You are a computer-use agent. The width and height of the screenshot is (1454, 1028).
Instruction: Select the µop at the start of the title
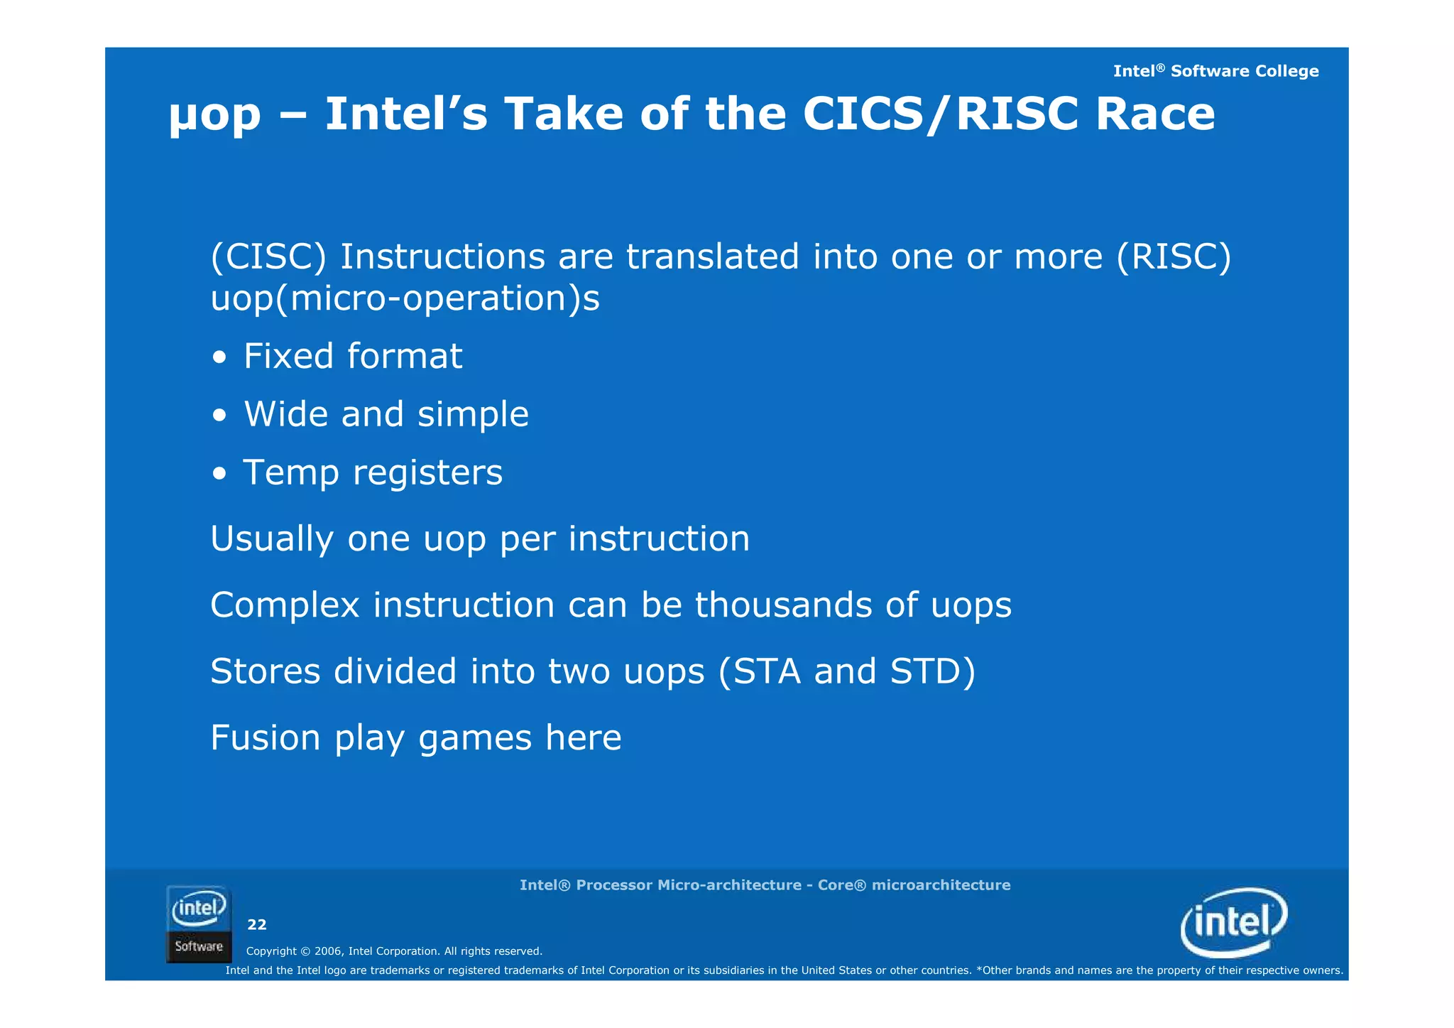click(x=215, y=116)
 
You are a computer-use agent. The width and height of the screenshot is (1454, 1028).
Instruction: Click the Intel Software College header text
click(x=1215, y=71)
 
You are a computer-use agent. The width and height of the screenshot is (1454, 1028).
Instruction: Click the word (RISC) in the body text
click(x=1174, y=256)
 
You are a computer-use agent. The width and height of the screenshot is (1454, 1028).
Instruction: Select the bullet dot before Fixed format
click(x=220, y=358)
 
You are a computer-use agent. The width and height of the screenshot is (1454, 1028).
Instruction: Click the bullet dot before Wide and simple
click(x=220, y=416)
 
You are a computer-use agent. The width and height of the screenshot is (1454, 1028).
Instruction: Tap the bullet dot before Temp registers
click(x=220, y=475)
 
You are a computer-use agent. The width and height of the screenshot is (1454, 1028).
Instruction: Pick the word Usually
click(x=272, y=539)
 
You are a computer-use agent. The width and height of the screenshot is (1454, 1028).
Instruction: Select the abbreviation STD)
click(x=932, y=671)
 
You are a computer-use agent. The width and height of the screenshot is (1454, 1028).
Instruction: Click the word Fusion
click(x=266, y=737)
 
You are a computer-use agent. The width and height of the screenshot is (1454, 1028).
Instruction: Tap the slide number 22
click(x=256, y=924)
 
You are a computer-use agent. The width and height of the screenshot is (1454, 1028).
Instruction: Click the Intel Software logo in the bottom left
click(x=199, y=924)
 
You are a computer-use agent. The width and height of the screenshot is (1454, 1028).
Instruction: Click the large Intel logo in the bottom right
click(x=1233, y=922)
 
